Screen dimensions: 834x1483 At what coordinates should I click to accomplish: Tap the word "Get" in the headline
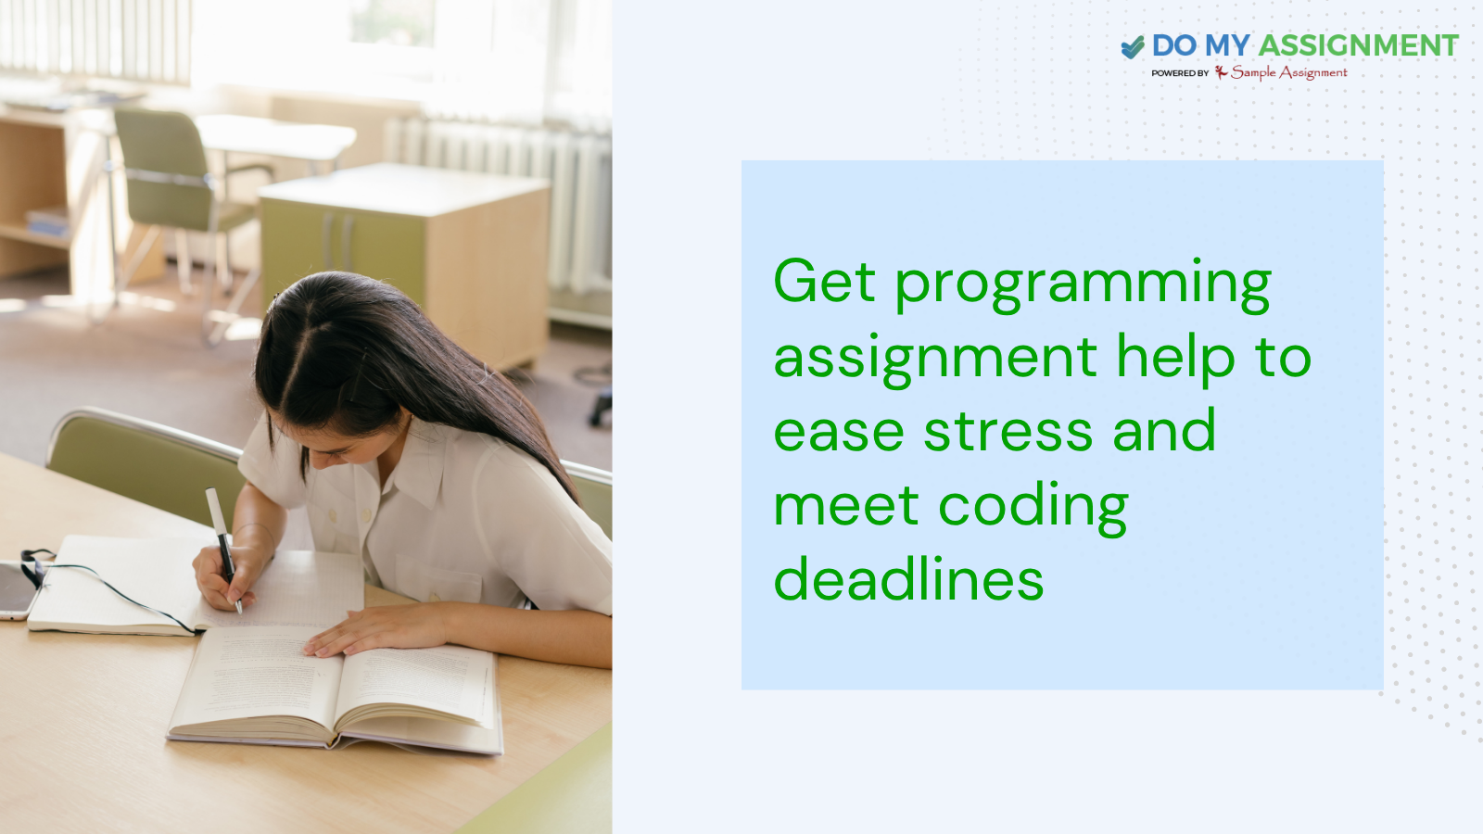pyautogui.click(x=824, y=281)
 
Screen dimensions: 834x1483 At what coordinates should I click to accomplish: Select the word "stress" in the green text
pyautogui.click(x=1008, y=432)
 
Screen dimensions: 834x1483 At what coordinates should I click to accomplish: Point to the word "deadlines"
pyautogui.click(x=908, y=580)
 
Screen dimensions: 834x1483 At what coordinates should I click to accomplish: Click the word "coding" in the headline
pyautogui.click(x=1033, y=508)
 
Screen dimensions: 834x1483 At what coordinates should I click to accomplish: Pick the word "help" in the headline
pyautogui.click(x=1175, y=359)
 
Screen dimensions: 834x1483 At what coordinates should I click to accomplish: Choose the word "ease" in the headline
pyautogui.click(x=839, y=433)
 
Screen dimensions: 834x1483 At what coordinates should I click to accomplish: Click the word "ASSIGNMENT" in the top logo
pyautogui.click(x=1358, y=45)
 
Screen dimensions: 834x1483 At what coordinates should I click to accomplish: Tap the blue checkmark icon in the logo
pyautogui.click(x=1133, y=46)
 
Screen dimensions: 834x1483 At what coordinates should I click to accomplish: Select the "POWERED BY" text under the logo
pyautogui.click(x=1180, y=73)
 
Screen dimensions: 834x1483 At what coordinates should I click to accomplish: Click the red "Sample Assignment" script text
pyautogui.click(x=1288, y=72)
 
